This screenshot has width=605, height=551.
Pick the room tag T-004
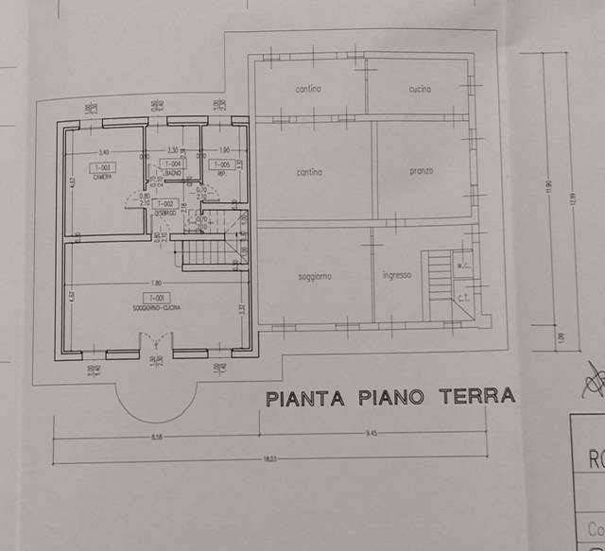174,164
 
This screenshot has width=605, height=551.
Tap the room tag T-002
164,203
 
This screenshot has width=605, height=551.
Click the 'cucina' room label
420,89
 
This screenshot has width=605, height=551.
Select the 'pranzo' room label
421,171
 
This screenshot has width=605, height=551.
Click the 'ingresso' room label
395,276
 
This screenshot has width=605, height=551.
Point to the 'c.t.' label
464,300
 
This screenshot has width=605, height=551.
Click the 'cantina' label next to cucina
308,89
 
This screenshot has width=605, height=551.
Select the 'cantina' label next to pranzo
309,172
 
